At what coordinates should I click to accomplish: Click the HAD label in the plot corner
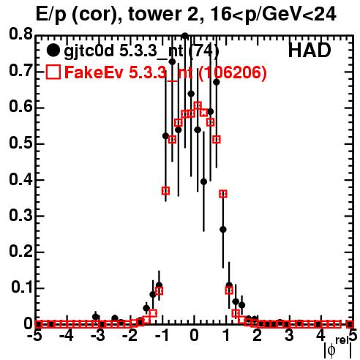click(x=310, y=50)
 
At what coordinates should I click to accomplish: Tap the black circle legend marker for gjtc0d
click(x=53, y=50)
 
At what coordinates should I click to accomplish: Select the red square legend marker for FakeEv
click(x=53, y=72)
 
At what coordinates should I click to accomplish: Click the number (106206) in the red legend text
click(x=233, y=72)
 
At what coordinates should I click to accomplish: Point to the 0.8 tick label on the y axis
click(x=20, y=34)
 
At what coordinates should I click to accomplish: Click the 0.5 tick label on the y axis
click(x=20, y=143)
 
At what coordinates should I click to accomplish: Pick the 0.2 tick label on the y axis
click(x=20, y=251)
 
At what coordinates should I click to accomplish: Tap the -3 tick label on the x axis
click(x=98, y=335)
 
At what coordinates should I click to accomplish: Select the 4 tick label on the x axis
click(x=320, y=335)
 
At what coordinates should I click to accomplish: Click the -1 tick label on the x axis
click(x=162, y=335)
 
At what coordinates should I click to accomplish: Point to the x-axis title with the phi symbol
click(x=338, y=348)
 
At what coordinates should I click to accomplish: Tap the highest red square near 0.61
click(x=198, y=105)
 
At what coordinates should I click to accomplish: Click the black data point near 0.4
click(x=203, y=181)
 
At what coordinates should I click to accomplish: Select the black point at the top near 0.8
click(x=185, y=36)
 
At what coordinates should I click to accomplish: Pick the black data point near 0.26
click(x=223, y=230)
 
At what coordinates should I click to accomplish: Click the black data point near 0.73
click(x=172, y=61)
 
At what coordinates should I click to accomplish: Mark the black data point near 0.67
click(x=217, y=83)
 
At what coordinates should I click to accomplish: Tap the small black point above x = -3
click(x=96, y=317)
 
